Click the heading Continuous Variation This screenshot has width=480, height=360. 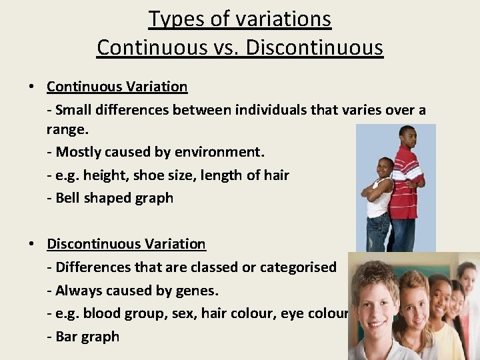pos(117,87)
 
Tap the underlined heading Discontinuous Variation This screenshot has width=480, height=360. pos(126,244)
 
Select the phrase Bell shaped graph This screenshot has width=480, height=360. pos(114,198)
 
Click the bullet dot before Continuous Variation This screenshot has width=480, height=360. pos(31,87)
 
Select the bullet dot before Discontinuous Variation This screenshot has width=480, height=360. pos(31,245)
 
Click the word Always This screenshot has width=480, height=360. pos(78,291)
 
